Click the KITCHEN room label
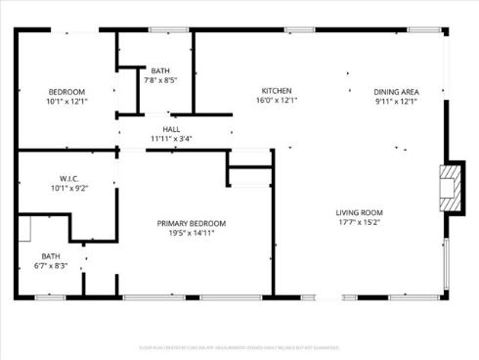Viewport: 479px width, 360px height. (277, 91)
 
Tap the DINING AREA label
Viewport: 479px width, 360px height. (396, 91)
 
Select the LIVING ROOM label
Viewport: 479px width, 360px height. (360, 212)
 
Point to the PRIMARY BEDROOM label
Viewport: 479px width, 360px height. (192, 223)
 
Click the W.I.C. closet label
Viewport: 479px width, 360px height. (68, 179)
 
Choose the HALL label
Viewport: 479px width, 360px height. (171, 129)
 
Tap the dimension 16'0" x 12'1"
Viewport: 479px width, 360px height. (277, 100)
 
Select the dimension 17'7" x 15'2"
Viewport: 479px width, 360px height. (360, 222)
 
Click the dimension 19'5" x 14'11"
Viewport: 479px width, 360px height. (192, 233)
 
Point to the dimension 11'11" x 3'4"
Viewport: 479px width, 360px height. (171, 138)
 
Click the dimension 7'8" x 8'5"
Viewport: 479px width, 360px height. (160, 80)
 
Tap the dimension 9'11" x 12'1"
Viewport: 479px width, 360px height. (396, 100)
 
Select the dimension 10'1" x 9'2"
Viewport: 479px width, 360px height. (68, 188)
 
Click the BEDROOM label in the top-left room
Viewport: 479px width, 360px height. (66, 91)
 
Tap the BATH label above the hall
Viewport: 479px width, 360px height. (160, 70)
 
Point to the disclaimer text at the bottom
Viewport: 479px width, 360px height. (239, 346)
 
